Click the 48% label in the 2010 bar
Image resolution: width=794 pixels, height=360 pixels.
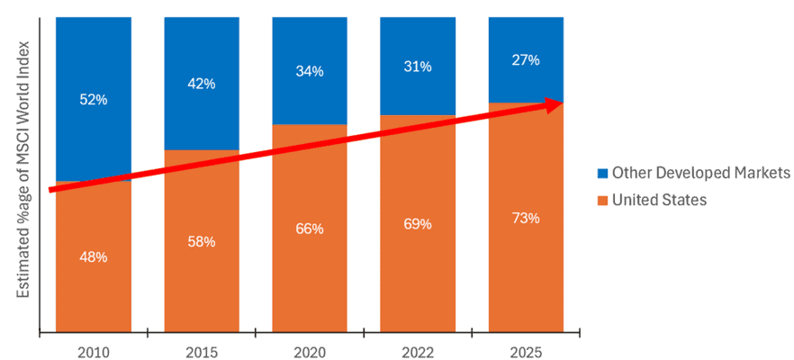click(93, 257)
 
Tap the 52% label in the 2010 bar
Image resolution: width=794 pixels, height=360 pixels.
click(93, 100)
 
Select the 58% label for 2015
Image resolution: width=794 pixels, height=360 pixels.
click(201, 241)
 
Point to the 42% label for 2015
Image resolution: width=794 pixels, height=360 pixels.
click(201, 84)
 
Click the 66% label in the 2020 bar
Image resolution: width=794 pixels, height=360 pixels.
click(309, 229)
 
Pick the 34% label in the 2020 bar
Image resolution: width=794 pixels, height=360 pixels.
click(309, 71)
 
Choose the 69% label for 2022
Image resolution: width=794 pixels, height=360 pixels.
click(417, 223)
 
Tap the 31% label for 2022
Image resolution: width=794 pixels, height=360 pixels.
click(417, 67)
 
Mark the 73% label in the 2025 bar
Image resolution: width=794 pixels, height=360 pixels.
click(525, 218)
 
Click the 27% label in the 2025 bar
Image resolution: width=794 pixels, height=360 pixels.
click(525, 60)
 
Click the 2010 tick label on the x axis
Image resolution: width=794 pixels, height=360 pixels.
click(93, 346)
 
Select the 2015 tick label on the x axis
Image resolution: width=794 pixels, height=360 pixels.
click(201, 346)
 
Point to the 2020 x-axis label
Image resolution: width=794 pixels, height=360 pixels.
click(309, 346)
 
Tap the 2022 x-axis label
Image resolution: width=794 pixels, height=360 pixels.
click(417, 346)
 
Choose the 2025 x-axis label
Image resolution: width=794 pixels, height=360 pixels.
click(525, 346)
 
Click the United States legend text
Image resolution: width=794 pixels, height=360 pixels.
click(659, 200)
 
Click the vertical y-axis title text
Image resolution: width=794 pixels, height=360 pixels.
click(25, 171)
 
